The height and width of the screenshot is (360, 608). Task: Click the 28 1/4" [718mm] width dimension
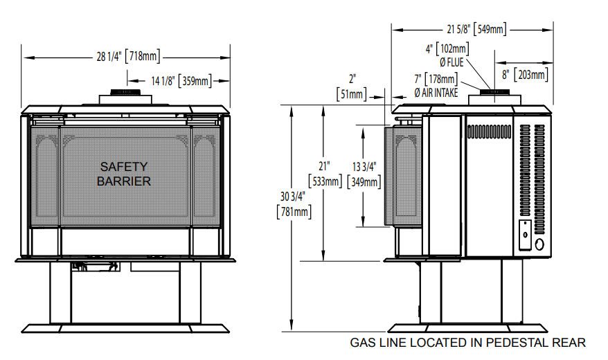click(128, 57)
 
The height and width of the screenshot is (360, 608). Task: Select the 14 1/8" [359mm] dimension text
click(181, 81)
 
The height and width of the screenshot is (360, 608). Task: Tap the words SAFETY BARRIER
click(124, 174)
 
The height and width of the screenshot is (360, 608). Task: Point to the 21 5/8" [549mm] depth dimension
click(476, 29)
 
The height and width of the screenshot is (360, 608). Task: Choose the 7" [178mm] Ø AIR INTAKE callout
click(436, 86)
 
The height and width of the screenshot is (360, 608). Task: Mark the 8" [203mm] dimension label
click(525, 74)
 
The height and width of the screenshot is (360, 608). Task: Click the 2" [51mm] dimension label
click(351, 87)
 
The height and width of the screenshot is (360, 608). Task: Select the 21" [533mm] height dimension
click(325, 174)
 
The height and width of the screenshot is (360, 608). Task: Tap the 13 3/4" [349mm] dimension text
click(364, 174)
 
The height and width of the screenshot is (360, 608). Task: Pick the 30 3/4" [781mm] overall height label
click(294, 205)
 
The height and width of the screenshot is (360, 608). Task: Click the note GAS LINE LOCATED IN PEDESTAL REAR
click(467, 343)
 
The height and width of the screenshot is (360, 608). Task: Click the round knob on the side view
click(539, 244)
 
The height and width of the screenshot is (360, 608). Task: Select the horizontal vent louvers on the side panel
click(489, 132)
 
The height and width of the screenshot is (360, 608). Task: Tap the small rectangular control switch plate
click(526, 235)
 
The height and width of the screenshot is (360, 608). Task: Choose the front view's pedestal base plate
click(125, 329)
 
